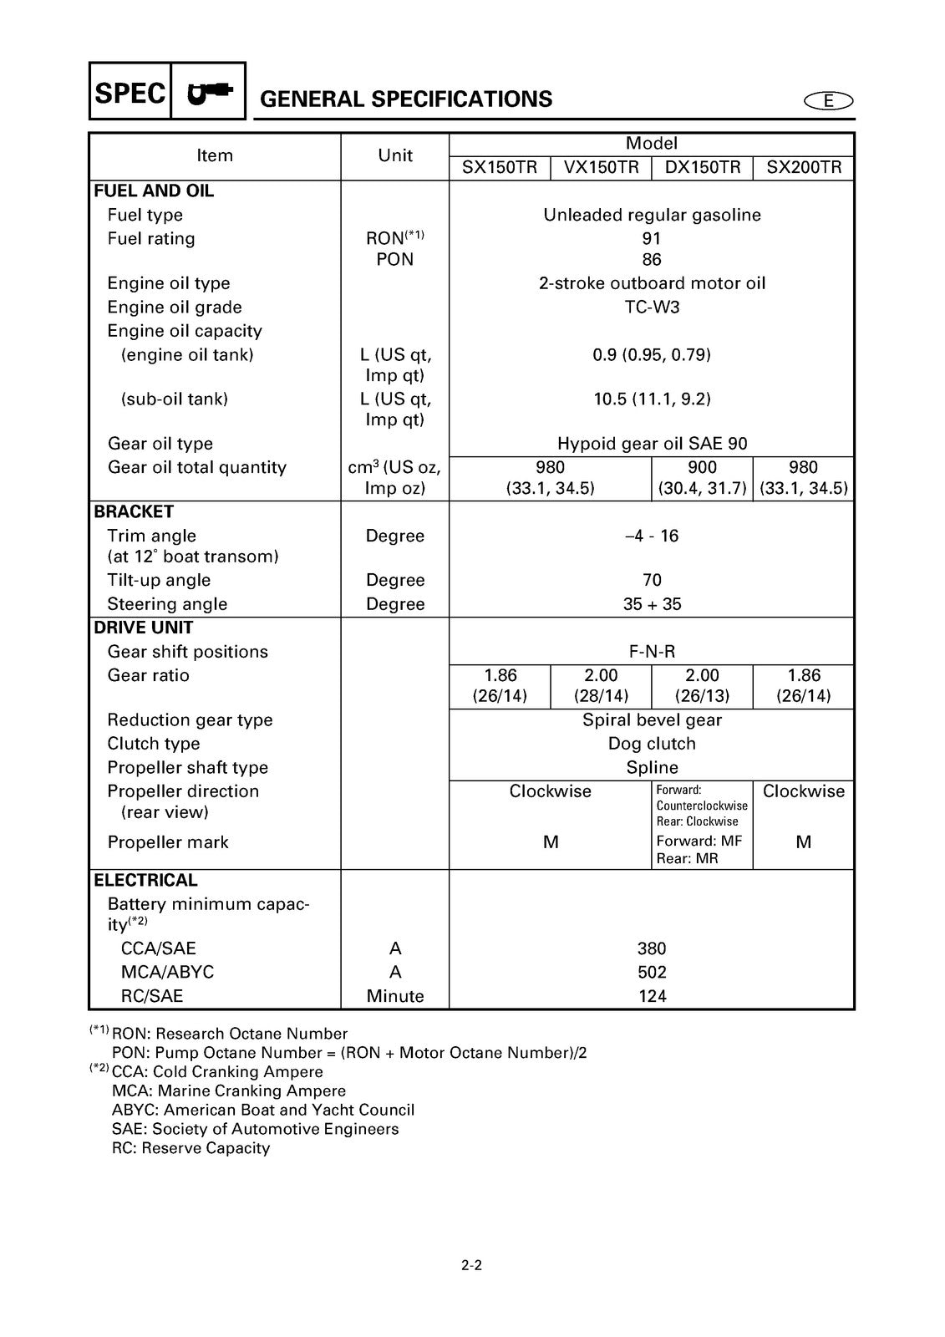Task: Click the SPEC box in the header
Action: (130, 92)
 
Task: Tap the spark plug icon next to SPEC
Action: (209, 92)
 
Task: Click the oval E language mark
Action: (828, 101)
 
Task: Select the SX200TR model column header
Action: (804, 167)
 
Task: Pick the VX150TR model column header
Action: (601, 167)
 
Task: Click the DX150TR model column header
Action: (703, 167)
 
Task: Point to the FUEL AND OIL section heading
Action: (154, 191)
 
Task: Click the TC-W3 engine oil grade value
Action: (652, 307)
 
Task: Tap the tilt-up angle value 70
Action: (652, 580)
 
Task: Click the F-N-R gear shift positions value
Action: (652, 652)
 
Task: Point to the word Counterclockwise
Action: (702, 806)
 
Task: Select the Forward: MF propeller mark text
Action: (699, 841)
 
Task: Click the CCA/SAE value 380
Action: (652, 948)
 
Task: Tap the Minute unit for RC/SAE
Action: (395, 996)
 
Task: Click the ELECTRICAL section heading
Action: (145, 880)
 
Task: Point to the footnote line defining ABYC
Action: (263, 1110)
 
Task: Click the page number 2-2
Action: (471, 1265)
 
